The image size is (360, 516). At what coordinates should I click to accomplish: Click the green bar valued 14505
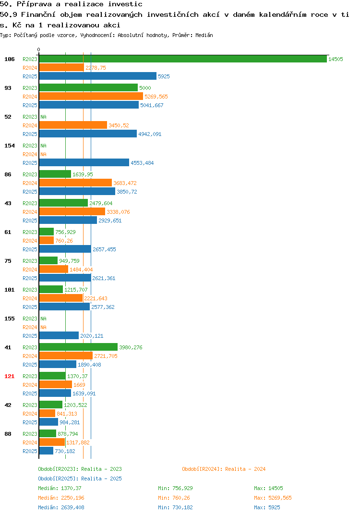point(183,59)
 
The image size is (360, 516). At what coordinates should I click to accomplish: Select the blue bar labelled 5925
point(97,76)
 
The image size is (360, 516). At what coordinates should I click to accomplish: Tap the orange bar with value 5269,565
point(91,97)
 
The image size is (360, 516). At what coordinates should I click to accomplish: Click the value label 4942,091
point(150,134)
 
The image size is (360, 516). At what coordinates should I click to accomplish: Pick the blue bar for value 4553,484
point(84,162)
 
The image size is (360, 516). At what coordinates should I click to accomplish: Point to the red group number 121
point(10,376)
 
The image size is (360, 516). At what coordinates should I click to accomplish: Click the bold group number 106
point(10,59)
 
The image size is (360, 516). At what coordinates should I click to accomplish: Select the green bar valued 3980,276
point(78,347)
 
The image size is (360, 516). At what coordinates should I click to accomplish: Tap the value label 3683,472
point(125,183)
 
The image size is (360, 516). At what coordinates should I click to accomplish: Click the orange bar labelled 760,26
point(47,241)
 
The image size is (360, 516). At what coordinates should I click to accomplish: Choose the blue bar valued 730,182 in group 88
point(46,451)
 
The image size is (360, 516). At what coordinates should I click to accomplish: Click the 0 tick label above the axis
point(39,49)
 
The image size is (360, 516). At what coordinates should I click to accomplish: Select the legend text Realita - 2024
point(245,469)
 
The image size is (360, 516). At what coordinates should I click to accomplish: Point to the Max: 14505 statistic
point(268,488)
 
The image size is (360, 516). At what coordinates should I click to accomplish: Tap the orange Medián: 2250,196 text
point(61,498)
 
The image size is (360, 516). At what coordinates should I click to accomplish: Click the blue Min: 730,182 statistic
point(175,507)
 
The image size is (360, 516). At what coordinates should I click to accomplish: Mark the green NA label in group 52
point(43,117)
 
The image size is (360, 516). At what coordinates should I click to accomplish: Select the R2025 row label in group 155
point(30,336)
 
